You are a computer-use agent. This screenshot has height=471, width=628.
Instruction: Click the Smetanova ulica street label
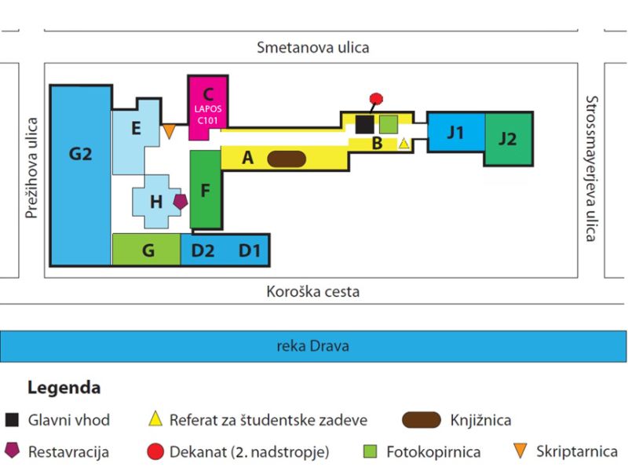coord(312,47)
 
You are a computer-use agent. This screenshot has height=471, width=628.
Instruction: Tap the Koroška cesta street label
coord(312,291)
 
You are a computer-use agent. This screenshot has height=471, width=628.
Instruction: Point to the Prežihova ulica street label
coord(31,168)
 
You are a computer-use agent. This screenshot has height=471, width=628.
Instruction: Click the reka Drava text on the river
coord(312,345)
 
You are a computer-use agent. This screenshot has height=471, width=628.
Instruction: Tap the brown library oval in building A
coord(287,159)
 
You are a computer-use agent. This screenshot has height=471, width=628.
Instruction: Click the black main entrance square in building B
coord(364,125)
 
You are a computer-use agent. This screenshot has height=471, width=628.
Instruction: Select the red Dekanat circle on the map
coord(376,99)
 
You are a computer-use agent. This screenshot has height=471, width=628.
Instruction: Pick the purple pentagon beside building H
coord(181,202)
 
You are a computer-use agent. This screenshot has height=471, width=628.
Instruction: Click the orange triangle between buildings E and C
coord(169,130)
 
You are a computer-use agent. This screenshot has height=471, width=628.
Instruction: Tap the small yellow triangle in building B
coord(403,143)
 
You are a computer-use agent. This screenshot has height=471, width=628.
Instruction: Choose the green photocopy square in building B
coord(389,124)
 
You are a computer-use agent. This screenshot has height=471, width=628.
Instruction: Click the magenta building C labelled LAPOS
coord(208,108)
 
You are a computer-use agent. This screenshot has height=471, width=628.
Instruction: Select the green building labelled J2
coord(509,139)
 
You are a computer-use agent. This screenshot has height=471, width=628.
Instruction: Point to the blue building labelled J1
coord(456,132)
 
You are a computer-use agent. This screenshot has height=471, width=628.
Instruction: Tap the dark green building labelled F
coord(206,190)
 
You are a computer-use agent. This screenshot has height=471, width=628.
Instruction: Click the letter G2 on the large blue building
coord(81,154)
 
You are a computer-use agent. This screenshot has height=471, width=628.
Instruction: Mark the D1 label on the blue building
coord(250,250)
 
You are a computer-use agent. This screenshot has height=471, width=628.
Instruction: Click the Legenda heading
coord(64,388)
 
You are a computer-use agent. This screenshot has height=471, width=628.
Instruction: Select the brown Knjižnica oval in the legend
coord(422,420)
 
